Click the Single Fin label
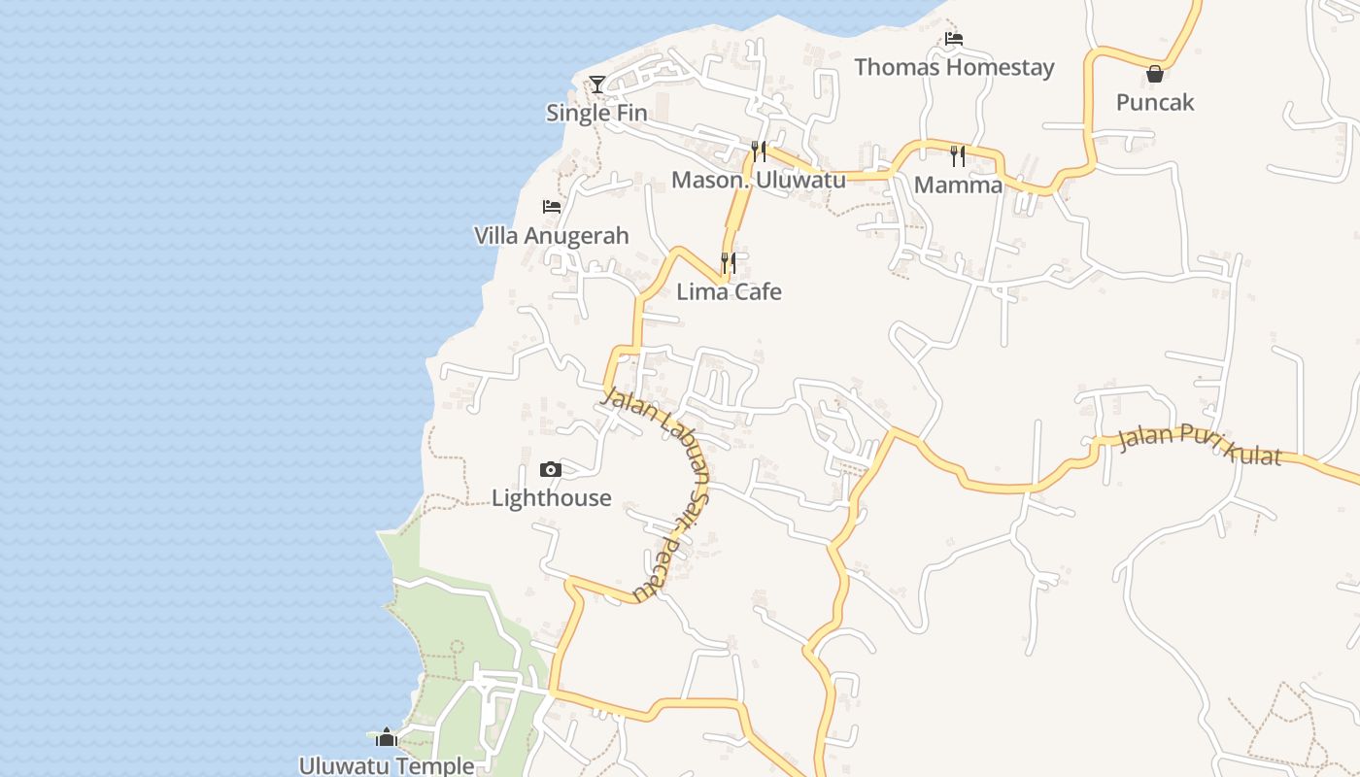coord(596,113)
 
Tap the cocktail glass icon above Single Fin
coord(597,84)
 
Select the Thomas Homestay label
coord(954,67)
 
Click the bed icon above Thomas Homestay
coord(954,39)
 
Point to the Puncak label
coord(1155,102)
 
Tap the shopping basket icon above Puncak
coord(1155,74)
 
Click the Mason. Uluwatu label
coord(759,180)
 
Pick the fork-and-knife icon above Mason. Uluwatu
coord(759,152)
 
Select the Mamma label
coord(959,185)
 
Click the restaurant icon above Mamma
coord(959,155)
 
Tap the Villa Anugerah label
coord(552,236)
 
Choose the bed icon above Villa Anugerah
coord(552,207)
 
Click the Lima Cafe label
coord(729,291)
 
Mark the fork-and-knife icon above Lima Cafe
coord(729,263)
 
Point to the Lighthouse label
coord(551,498)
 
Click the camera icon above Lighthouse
coord(551,470)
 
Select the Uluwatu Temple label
coord(387,765)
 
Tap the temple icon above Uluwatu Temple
coord(387,738)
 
